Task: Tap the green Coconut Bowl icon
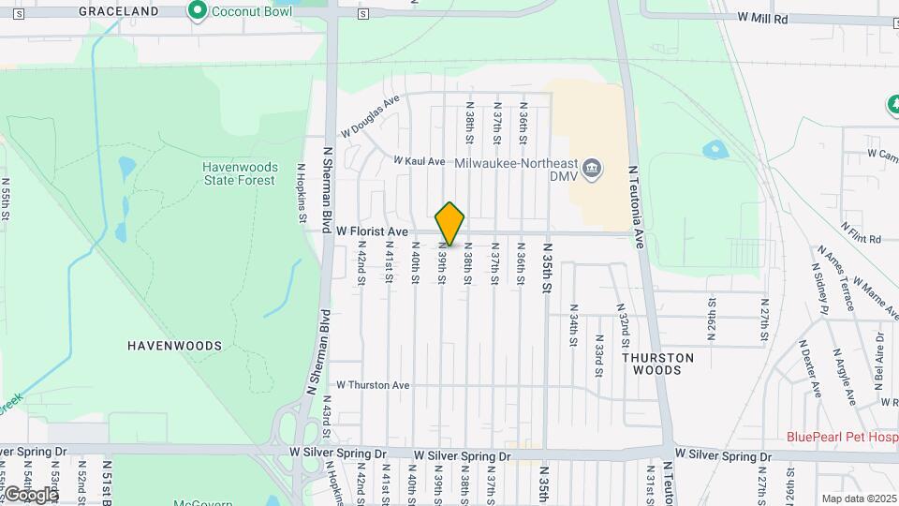point(198,11)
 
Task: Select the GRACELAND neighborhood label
point(119,11)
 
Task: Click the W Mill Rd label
point(762,18)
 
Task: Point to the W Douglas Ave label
point(371,114)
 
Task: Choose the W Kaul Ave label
point(420,161)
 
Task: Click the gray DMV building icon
point(592,170)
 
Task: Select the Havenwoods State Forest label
point(239,173)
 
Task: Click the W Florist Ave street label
point(372,231)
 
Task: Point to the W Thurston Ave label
point(373,385)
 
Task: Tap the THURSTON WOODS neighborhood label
point(657,364)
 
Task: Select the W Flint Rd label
point(862,232)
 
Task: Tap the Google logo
point(30,494)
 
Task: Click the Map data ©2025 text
point(858,499)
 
